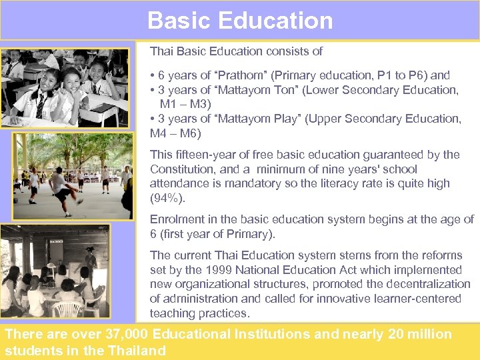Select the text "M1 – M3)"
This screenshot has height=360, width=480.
[x=185, y=104]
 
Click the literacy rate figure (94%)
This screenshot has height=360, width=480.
[x=167, y=198]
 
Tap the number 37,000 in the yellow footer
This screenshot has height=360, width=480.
[x=130, y=335]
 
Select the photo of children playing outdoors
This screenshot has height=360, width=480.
[x=72, y=175]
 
